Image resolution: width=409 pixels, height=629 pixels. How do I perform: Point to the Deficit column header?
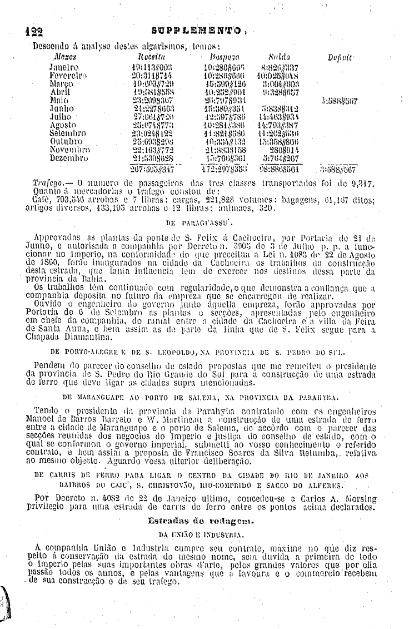coord(337,56)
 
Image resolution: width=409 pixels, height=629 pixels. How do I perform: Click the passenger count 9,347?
coord(363,182)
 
